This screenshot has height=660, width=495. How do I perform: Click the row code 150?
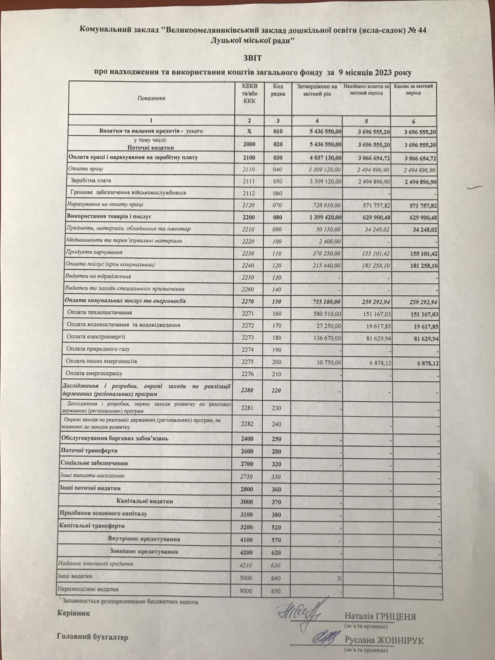(276, 302)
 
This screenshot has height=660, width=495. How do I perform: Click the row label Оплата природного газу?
(98, 349)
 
